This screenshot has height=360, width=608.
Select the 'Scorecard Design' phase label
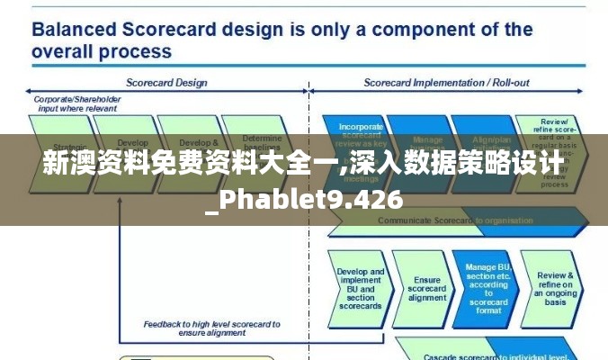click(166, 83)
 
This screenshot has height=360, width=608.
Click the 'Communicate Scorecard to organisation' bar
click(450, 220)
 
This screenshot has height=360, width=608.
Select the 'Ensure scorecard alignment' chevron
click(426, 288)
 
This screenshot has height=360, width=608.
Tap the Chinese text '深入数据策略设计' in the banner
click(460, 165)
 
